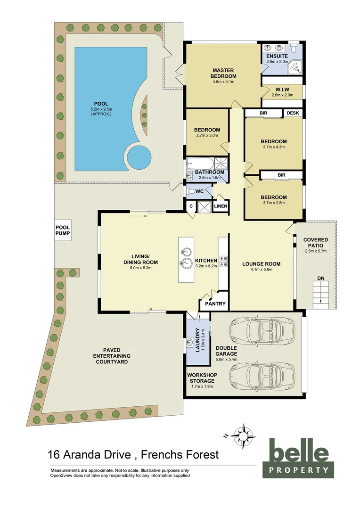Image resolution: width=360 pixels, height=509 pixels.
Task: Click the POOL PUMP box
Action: pos(63,230)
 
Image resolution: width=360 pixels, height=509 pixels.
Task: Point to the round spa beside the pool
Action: pos(138,156)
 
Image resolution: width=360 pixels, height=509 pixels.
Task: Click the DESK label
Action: pos(293,113)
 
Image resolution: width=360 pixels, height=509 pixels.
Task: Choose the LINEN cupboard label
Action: pos(220,206)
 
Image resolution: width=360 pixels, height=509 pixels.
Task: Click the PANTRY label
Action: pos(215,304)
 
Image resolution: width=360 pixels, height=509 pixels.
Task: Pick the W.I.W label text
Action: pos(282,89)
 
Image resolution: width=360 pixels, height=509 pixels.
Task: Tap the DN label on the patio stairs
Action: pos(321,278)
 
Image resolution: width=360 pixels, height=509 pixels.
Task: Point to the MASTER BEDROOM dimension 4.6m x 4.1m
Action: pos(223,82)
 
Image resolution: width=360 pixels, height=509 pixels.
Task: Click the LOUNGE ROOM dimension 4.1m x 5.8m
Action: pos(261,270)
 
